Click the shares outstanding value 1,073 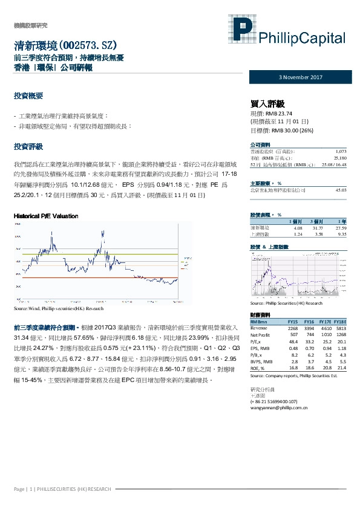click(339, 151)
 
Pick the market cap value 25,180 click(338, 157)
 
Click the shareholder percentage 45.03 click(339, 190)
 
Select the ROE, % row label click(258, 368)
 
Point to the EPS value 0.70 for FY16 click(309, 348)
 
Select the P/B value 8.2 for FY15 click(294, 354)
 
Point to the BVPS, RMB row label click(261, 361)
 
